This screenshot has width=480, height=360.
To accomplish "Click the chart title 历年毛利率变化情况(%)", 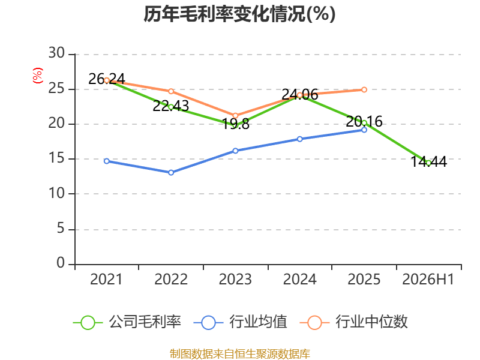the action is pyautogui.click(x=239, y=14).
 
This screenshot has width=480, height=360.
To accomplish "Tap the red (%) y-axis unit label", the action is pyautogui.click(x=38, y=76).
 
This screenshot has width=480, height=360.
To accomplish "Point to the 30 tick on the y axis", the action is pyautogui.click(x=56, y=53).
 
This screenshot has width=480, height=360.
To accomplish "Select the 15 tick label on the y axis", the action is pyautogui.click(x=56, y=158).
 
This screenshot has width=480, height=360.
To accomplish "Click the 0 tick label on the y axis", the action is pyautogui.click(x=61, y=263).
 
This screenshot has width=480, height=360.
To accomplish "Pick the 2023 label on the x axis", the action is pyautogui.click(x=235, y=279).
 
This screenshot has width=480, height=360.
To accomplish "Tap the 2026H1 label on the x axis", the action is pyautogui.click(x=428, y=279).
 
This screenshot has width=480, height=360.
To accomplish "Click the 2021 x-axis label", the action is pyautogui.click(x=106, y=279).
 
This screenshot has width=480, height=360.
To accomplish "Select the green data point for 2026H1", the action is pyautogui.click(x=428, y=163).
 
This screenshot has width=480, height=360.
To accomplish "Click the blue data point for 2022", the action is pyautogui.click(x=171, y=173).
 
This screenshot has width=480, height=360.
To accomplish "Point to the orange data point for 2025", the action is pyautogui.click(x=364, y=89).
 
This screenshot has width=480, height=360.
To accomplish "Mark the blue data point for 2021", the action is pyautogui.click(x=107, y=161).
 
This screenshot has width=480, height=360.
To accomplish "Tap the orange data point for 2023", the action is pyautogui.click(x=235, y=116).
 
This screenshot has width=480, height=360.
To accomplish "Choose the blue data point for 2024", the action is pyautogui.click(x=300, y=139).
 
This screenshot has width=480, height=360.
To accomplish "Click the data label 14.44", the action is pyautogui.click(x=428, y=161).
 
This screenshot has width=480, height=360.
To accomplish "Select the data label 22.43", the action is pyautogui.click(x=171, y=106).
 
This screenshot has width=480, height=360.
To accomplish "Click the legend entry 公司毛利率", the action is pyautogui.click(x=127, y=322).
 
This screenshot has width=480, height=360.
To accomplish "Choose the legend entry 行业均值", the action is pyautogui.click(x=241, y=322).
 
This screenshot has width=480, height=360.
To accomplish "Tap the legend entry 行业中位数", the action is pyautogui.click(x=353, y=322).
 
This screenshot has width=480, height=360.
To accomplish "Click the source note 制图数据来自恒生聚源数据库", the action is pyautogui.click(x=239, y=354).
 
